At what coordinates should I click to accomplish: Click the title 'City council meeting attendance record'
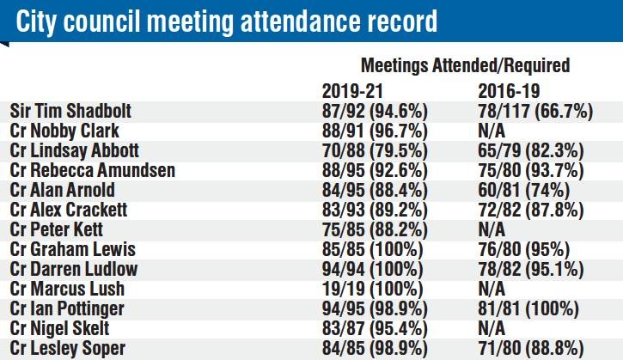[227, 21]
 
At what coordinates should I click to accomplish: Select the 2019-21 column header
[352, 91]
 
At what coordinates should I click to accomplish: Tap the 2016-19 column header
[509, 91]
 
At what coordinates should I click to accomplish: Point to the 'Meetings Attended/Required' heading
[465, 65]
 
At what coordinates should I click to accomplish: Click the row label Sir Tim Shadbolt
[70, 111]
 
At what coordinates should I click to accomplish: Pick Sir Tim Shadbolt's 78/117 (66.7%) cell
[535, 111]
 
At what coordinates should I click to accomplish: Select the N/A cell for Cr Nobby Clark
[492, 131]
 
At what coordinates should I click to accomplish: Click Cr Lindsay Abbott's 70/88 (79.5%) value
[375, 151]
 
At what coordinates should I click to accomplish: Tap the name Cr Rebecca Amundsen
[93, 170]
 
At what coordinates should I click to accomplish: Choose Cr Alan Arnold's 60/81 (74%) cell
[524, 191]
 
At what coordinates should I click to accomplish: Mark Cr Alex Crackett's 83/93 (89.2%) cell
[375, 211]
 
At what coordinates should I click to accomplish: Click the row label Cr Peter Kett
[57, 229]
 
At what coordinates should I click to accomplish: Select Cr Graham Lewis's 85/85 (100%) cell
[373, 249]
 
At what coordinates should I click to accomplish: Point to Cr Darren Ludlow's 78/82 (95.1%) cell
[531, 270]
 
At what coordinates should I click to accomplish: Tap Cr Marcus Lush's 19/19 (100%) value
[373, 290]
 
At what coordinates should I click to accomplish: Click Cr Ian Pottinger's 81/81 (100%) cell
[528, 308]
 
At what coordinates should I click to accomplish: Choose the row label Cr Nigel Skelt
[59, 328]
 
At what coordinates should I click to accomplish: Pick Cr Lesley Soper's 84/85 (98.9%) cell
[375, 349]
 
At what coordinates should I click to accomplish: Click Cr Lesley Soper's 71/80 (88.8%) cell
[531, 349]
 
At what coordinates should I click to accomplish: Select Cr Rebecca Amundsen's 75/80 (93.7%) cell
[531, 170]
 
